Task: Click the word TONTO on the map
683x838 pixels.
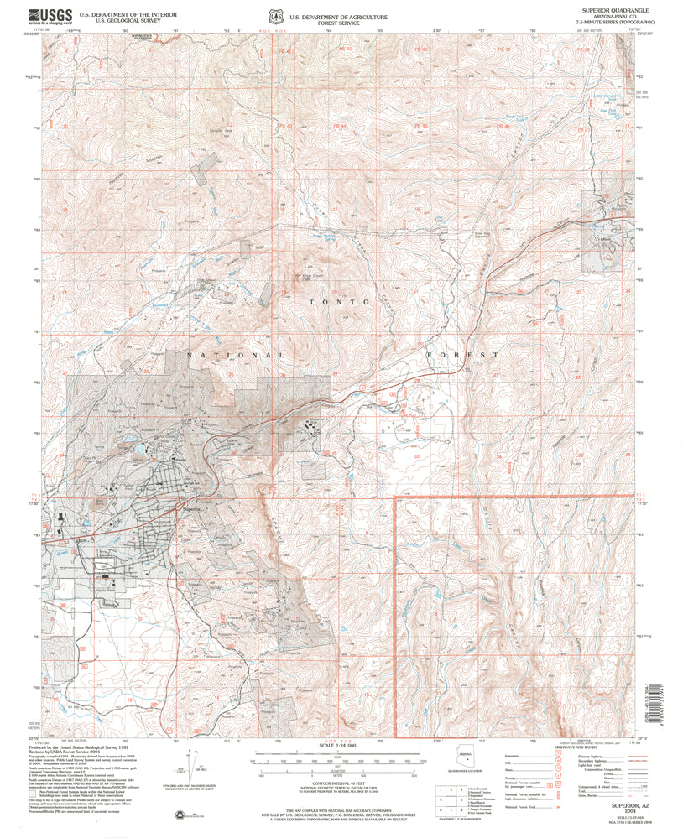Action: [x=340, y=301]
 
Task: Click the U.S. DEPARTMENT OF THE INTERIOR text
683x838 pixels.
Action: [x=128, y=14]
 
